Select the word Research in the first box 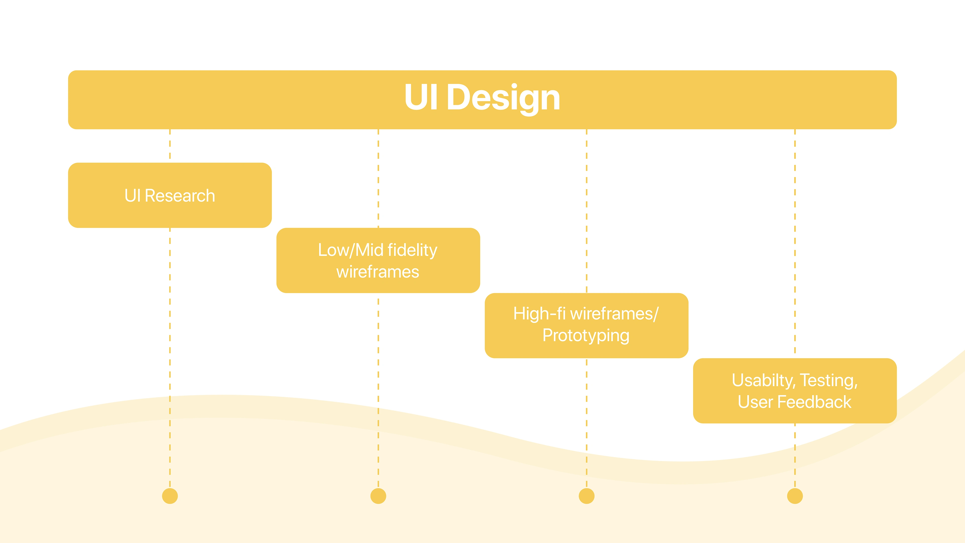pyautogui.click(x=180, y=196)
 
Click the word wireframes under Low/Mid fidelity pyautogui.click(x=378, y=272)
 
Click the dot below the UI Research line pyautogui.click(x=170, y=496)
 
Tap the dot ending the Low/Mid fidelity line pyautogui.click(x=378, y=496)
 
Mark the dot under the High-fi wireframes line pyautogui.click(x=587, y=496)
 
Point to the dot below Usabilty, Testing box pyautogui.click(x=795, y=496)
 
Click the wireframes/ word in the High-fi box pyautogui.click(x=614, y=314)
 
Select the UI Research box pyautogui.click(x=170, y=195)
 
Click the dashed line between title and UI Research pyautogui.click(x=170, y=146)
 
